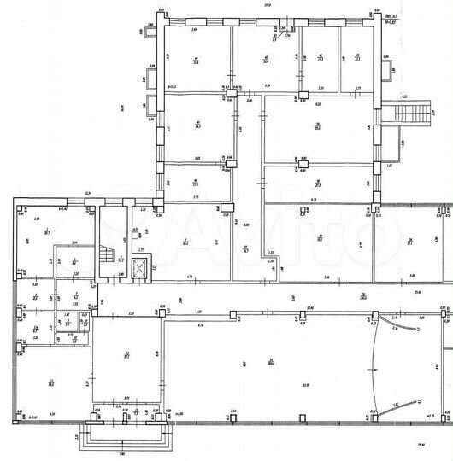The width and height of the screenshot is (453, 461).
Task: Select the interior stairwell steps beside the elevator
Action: click(107, 254)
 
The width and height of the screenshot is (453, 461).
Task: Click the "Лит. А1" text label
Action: click(392, 15)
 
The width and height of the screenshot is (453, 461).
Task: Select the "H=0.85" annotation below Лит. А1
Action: click(392, 22)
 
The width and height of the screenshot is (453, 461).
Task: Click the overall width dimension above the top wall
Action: click(267, 6)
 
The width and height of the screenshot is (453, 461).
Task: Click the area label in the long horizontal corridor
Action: click(362, 296)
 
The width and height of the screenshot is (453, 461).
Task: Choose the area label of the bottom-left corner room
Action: click(50, 383)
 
